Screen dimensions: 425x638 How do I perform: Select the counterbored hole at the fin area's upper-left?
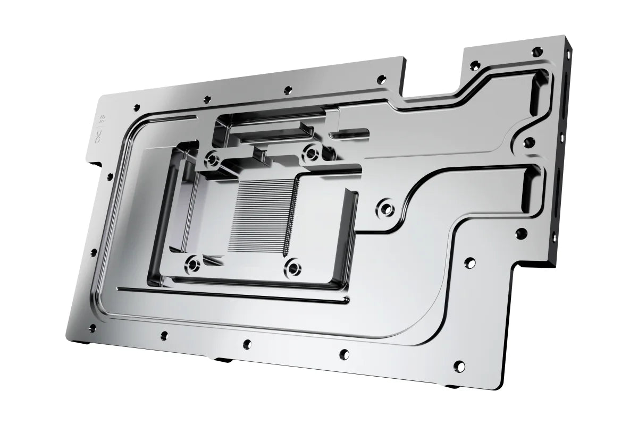pyautogui.click(x=213, y=158)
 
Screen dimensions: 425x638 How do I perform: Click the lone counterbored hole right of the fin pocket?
pyautogui.click(x=385, y=207)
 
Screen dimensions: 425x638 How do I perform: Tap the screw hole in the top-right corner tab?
pyautogui.click(x=538, y=52)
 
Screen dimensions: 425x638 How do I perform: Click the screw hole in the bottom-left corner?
pyautogui.click(x=92, y=328)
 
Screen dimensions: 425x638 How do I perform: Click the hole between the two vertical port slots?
pyautogui.click(x=528, y=143)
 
